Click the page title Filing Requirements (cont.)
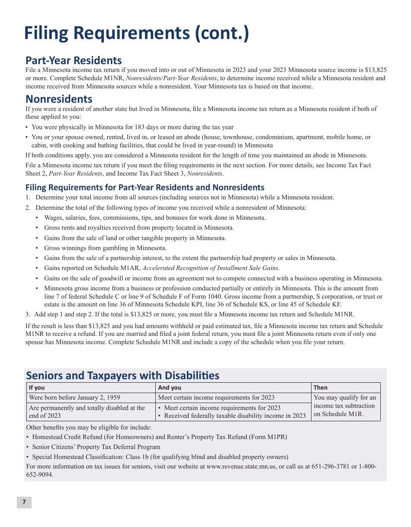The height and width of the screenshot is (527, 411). (136, 33)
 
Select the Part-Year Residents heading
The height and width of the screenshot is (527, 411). (74, 60)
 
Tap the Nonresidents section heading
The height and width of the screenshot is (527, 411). (59, 99)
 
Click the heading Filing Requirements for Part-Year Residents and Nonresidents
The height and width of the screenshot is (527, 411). (145, 188)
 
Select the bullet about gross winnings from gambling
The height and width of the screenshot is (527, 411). (105, 248)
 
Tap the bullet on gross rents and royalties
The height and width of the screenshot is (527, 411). (139, 228)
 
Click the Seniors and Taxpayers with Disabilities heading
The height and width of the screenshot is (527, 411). (123, 375)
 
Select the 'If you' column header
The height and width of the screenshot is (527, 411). (37, 388)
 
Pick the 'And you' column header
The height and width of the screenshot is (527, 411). (170, 388)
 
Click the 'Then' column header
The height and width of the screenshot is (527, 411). (321, 388)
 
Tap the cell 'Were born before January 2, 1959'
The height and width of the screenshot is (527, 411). (74, 398)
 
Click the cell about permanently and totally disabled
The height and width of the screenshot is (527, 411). (87, 412)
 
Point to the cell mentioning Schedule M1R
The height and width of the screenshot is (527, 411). (345, 406)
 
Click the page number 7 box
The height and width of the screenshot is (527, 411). (24, 502)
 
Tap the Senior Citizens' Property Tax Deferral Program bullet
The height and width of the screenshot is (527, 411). (96, 447)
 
